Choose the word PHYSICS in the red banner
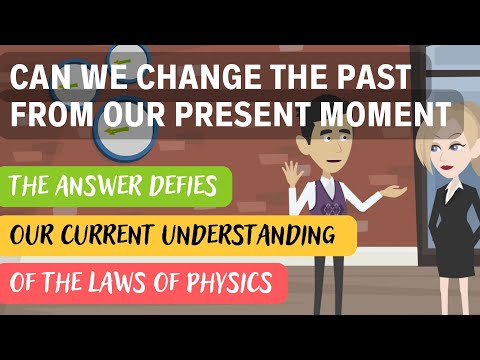pos(228,283)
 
